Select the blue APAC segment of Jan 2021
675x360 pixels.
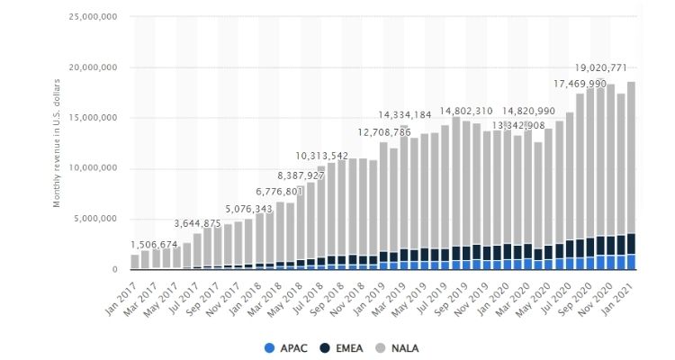coord(630,262)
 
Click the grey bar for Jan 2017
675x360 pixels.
coord(135,261)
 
